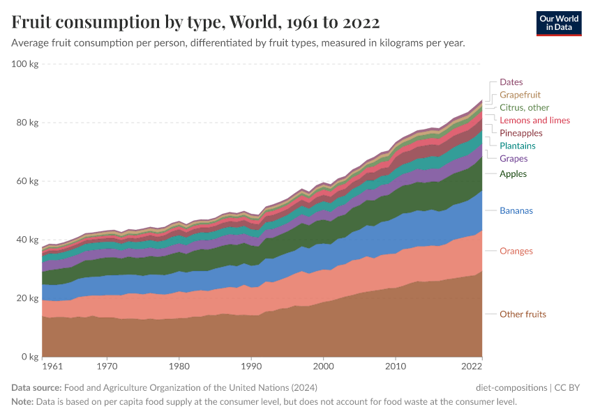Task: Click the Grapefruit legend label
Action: coord(520,95)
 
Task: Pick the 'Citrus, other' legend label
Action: coord(524,107)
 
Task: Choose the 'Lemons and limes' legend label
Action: coord(534,121)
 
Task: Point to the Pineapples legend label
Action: coord(520,133)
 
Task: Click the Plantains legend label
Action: coord(517,146)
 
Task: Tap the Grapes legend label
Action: coord(513,159)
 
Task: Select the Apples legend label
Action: coord(513,174)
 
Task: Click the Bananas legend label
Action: coord(516,210)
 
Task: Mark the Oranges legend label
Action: coord(516,251)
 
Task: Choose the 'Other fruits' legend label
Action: coord(523,314)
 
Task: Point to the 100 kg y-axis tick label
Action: coord(25,64)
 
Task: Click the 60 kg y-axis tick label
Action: coord(27,181)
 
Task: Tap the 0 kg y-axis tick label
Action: coord(30,357)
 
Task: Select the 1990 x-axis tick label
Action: coord(251,366)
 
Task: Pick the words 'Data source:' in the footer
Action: coord(36,388)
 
